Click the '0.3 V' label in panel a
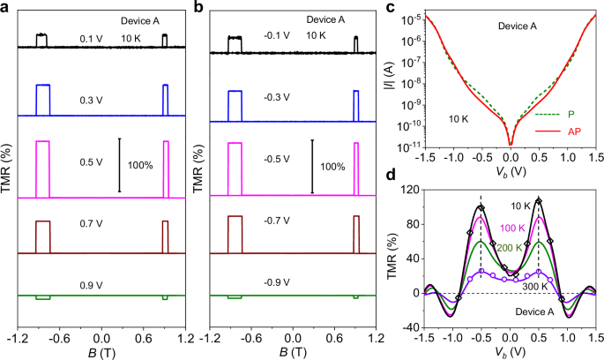91,100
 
